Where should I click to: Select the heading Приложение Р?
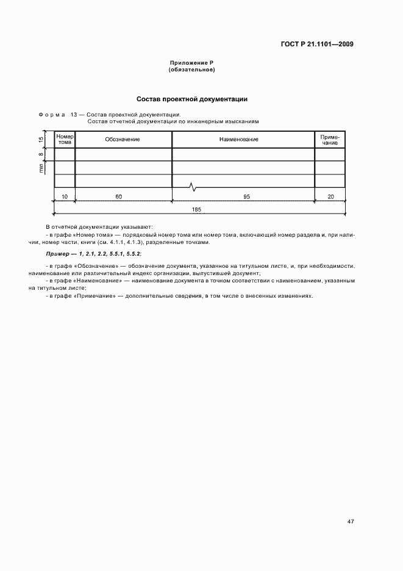point(191,63)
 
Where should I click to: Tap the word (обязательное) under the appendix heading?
point(191,70)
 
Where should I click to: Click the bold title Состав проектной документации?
point(191,99)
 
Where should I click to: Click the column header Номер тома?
point(65,139)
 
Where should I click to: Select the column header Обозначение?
point(123,140)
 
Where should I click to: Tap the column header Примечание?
point(330,140)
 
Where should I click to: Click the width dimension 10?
point(65,196)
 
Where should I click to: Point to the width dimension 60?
point(118,196)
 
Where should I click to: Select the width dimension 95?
point(247,196)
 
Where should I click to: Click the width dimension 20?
point(330,196)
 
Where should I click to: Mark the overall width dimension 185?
point(196,209)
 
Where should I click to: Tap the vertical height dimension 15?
point(41,140)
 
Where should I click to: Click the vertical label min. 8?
point(41,162)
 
